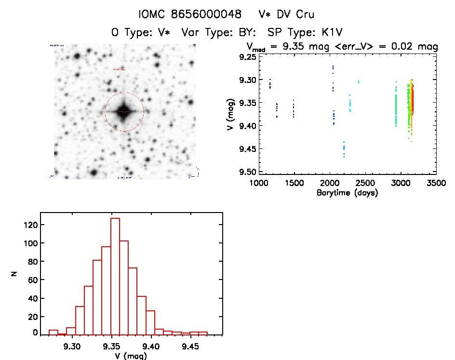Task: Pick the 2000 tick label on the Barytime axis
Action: tap(330, 184)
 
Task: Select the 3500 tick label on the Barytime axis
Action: tap(436, 184)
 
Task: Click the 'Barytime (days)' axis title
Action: tap(347, 193)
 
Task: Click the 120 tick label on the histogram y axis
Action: tap(28, 225)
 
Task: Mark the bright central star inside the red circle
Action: tap(124, 111)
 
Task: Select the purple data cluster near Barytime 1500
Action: tap(293, 109)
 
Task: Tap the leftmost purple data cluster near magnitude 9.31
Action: tap(270, 84)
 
